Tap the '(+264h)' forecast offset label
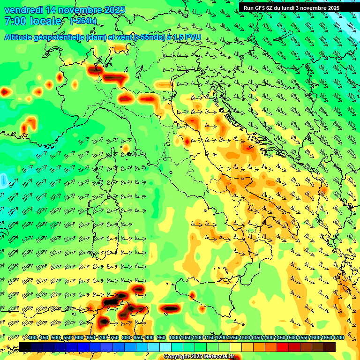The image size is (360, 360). point(83,21)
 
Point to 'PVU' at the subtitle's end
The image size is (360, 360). point(194,37)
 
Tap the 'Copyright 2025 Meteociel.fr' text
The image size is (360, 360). point(199,356)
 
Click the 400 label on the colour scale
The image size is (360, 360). point(32,338)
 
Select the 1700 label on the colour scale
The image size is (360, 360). point(327,338)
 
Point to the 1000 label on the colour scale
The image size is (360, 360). point(174,338)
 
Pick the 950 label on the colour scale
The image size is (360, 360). point(161,338)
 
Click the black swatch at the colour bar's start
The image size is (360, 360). point(25,347)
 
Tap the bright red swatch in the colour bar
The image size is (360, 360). point(283,347)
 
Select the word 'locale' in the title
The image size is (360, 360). point(46,21)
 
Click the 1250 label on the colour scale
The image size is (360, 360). point(233,338)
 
